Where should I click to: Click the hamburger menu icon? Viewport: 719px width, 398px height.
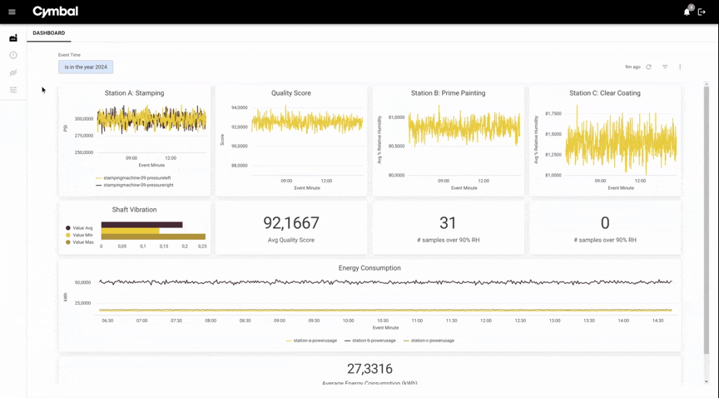(12, 12)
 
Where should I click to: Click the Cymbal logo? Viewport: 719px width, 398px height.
(55, 12)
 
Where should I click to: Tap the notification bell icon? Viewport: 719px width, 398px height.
(687, 12)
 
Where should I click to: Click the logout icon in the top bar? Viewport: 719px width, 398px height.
(702, 12)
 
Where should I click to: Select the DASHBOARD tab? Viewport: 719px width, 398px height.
(48, 33)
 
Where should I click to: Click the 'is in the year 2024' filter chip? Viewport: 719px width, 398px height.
(86, 67)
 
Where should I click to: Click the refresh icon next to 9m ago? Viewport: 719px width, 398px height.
(649, 67)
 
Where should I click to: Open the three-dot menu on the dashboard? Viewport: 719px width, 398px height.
(680, 67)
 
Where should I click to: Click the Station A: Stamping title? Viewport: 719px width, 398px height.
(134, 93)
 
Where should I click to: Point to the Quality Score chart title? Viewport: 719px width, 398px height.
(291, 93)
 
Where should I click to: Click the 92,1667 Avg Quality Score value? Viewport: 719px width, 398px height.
(291, 223)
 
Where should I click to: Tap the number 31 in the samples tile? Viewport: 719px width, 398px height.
(448, 223)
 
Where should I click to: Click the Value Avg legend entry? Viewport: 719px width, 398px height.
(82, 228)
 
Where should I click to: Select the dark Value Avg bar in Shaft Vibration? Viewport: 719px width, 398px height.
(141, 225)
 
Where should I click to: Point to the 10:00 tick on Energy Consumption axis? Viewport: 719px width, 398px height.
(348, 321)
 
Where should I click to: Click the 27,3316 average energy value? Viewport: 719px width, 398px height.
(369, 369)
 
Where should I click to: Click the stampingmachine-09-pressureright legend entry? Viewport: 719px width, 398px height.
(137, 185)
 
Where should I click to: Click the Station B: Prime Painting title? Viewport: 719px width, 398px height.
(448, 93)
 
